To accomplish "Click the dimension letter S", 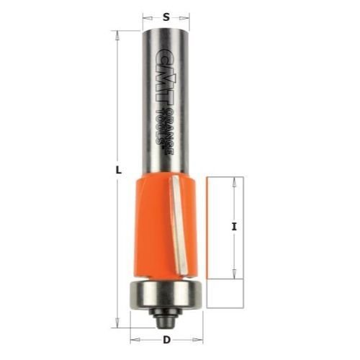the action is coord(166,17).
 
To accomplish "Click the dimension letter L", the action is coord(118,171).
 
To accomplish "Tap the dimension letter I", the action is coord(234,227).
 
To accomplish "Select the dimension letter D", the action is coord(166,340).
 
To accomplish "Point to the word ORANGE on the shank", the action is coord(169,132).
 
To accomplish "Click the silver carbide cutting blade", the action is coord(178,225).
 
